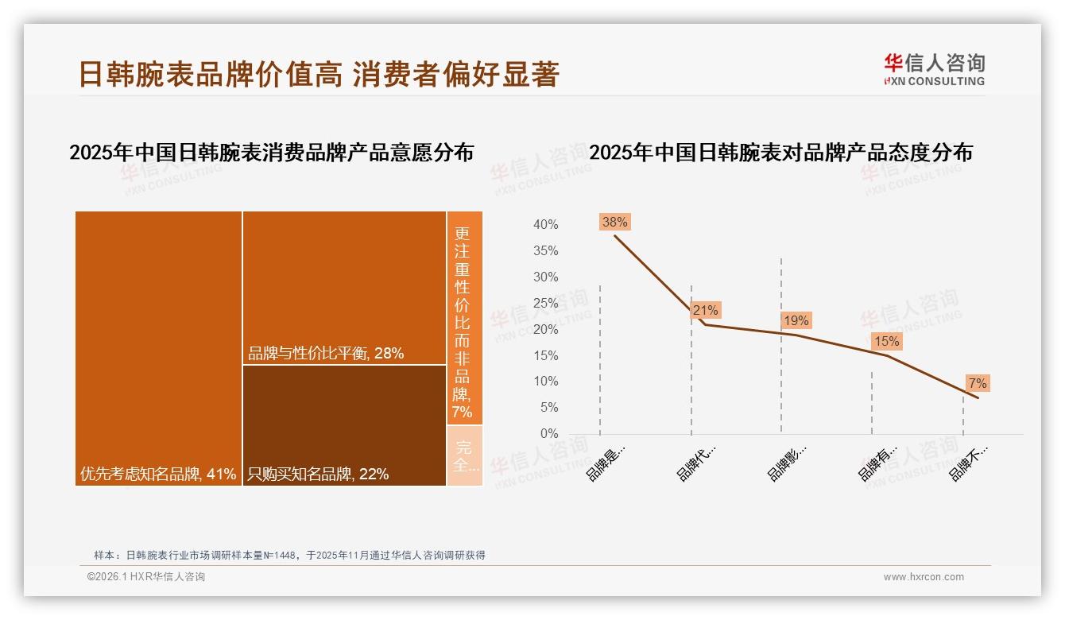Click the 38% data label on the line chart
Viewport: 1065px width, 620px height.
click(x=614, y=223)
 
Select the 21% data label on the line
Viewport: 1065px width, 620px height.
click(x=705, y=311)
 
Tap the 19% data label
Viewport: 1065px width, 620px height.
click(x=796, y=321)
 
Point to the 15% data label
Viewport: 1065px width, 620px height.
click(x=886, y=342)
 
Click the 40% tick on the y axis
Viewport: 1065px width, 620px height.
click(x=545, y=225)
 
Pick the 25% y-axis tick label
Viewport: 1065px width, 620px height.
click(x=545, y=303)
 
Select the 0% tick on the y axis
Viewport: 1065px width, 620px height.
click(x=548, y=434)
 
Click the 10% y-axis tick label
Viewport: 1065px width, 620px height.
click(x=545, y=382)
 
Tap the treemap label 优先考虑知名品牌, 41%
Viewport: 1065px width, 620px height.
click(x=158, y=475)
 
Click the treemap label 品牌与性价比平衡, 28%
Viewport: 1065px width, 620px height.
click(x=326, y=354)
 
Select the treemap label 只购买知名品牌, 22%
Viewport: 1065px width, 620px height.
click(x=318, y=475)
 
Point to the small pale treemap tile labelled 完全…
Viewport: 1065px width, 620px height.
click(x=464, y=455)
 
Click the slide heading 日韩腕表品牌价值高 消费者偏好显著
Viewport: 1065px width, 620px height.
click(x=319, y=74)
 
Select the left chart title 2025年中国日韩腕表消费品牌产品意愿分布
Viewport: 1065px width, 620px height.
click(x=271, y=153)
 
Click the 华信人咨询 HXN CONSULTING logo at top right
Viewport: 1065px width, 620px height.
click(x=934, y=69)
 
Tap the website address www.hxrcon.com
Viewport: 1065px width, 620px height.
click(x=924, y=577)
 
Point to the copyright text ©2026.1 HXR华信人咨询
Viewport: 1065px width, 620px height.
click(x=146, y=577)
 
